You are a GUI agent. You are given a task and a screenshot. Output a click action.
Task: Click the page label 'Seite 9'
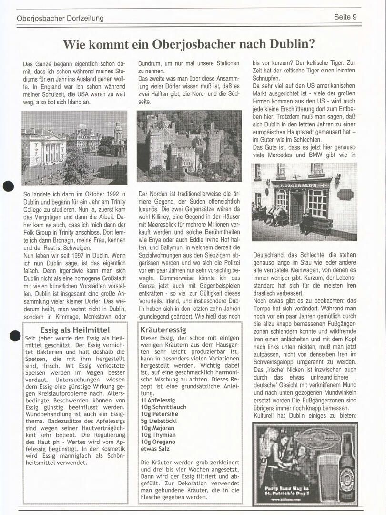click(x=345, y=17)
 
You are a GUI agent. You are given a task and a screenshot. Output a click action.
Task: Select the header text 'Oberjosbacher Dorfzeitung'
click(x=60, y=18)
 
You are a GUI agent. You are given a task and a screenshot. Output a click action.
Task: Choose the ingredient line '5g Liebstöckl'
click(x=159, y=422)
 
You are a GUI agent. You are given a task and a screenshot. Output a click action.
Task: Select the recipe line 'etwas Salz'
click(x=155, y=449)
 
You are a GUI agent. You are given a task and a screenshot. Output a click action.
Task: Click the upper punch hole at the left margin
click(x=8, y=186)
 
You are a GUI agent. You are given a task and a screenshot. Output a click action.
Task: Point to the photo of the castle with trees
click(x=189, y=146)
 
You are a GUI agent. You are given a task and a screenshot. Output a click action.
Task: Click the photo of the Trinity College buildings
click(x=74, y=147)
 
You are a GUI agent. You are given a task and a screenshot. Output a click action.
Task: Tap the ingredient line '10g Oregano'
click(x=158, y=442)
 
